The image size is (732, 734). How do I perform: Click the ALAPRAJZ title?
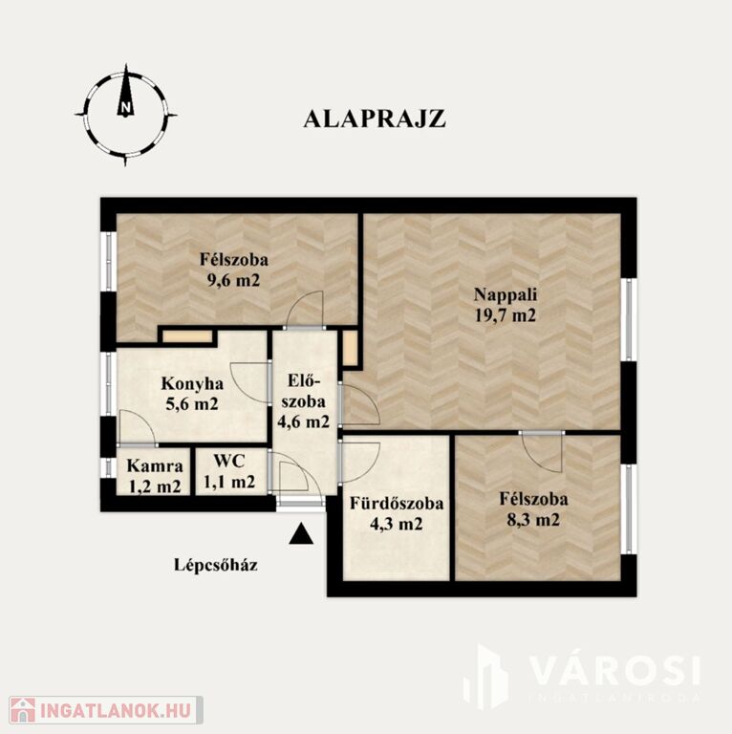(x=375, y=119)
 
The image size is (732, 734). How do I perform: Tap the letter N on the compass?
(x=125, y=108)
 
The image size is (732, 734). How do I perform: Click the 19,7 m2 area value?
(x=506, y=315)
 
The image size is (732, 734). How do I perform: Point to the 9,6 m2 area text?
(x=233, y=280)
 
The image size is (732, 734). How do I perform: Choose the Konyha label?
(x=192, y=384)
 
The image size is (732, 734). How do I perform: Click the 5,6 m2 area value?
(x=192, y=403)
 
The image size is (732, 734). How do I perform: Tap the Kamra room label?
(x=155, y=465)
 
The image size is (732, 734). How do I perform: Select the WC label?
(x=229, y=461)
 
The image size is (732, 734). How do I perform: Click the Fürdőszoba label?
(x=397, y=504)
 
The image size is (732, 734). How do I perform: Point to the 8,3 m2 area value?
(x=533, y=519)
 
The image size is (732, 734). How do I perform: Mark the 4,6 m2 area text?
(x=303, y=421)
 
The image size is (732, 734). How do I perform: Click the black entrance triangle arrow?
(x=301, y=533)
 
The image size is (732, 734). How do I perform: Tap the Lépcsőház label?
(x=216, y=565)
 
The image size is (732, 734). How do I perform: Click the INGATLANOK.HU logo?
(x=106, y=710)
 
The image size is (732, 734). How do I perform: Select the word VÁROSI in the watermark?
(x=616, y=671)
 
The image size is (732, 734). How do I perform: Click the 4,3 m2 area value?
(x=397, y=524)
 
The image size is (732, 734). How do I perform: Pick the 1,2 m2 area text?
(x=155, y=486)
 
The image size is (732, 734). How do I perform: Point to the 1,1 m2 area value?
(x=229, y=481)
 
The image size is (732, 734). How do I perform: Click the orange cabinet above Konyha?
(x=187, y=336)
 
